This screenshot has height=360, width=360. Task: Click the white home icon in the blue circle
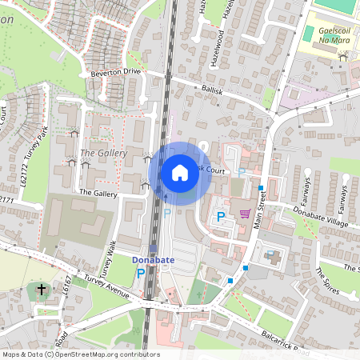[x=180, y=172]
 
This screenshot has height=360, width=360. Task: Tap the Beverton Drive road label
[x=115, y=72]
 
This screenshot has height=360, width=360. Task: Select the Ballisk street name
[x=213, y=93]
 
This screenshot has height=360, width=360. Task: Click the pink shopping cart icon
[x=245, y=214]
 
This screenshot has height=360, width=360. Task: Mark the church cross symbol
[x=42, y=288]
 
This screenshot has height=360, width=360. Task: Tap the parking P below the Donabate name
[x=141, y=274]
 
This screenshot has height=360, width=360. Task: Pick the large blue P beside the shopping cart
[x=221, y=217]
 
